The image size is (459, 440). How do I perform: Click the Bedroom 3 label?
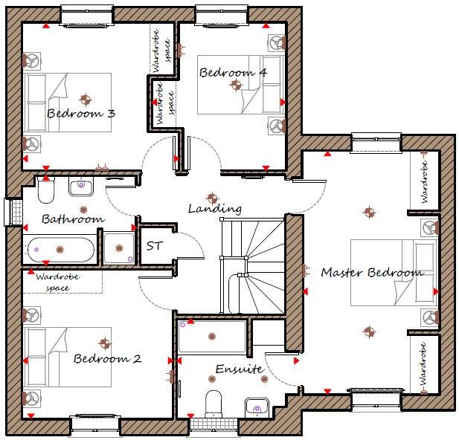[81, 114]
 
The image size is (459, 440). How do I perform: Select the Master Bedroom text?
[372, 273]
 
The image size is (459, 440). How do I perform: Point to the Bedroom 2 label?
[107, 359]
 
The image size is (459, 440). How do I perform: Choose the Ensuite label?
[239, 369]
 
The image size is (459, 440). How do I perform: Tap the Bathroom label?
[73, 219]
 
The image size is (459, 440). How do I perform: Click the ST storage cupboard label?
[154, 245]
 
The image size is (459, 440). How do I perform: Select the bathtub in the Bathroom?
[61, 250]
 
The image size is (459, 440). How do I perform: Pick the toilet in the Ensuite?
[214, 404]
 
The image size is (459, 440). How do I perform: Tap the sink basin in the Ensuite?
[257, 407]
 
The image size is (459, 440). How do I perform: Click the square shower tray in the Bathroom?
[118, 247]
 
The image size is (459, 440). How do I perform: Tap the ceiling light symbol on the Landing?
[212, 198]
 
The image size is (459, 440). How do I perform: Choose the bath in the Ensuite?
[212, 336]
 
